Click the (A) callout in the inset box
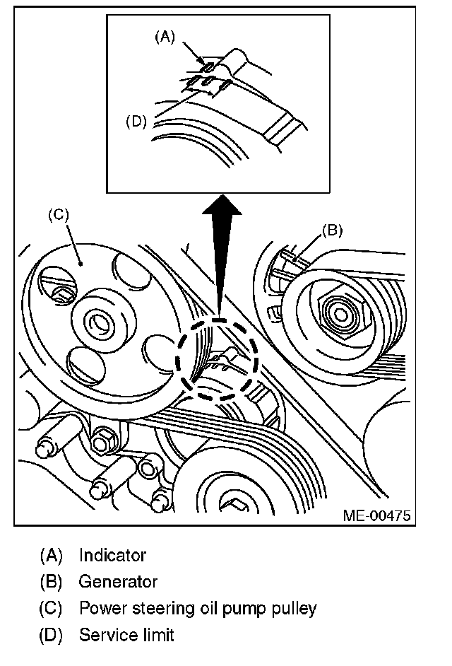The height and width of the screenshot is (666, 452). point(164,37)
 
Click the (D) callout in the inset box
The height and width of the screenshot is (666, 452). point(136,121)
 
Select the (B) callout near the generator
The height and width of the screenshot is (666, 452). point(332,229)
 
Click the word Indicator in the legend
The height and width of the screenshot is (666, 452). point(112,555)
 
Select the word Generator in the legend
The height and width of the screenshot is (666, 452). point(118,582)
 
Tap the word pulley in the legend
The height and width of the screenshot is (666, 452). point(295,608)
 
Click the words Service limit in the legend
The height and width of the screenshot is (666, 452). point(126,634)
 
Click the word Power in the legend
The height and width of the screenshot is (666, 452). point(99,608)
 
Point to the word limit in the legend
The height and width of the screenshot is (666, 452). point(156,634)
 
